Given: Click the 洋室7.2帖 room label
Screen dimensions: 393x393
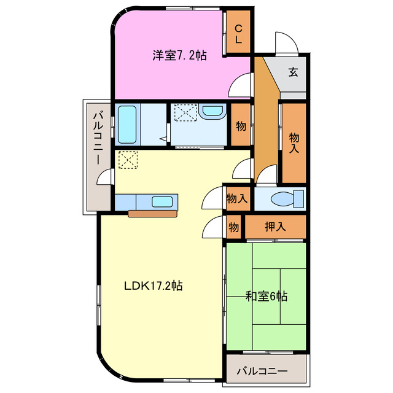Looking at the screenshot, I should click(179, 55).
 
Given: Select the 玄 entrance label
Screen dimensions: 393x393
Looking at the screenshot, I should click(294, 72).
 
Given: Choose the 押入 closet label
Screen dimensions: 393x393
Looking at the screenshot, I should click(276, 226).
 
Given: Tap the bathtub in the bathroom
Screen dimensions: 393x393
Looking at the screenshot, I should click(126, 124).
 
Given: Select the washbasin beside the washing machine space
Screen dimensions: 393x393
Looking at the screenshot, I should click(212, 112).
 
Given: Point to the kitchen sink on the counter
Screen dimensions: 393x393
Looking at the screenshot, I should click(163, 201).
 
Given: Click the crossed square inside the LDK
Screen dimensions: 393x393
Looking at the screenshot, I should click(128, 160).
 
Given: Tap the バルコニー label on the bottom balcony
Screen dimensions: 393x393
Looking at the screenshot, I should click(261, 370).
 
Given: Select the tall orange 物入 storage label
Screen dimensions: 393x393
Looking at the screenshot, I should click(294, 142).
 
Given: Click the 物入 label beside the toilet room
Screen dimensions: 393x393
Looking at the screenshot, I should click(236, 198).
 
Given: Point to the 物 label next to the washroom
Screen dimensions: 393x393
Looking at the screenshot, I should click(241, 126).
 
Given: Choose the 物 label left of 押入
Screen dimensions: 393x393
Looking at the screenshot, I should click(234, 226).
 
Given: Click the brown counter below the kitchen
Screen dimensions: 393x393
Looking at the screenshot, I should click(153, 214).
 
